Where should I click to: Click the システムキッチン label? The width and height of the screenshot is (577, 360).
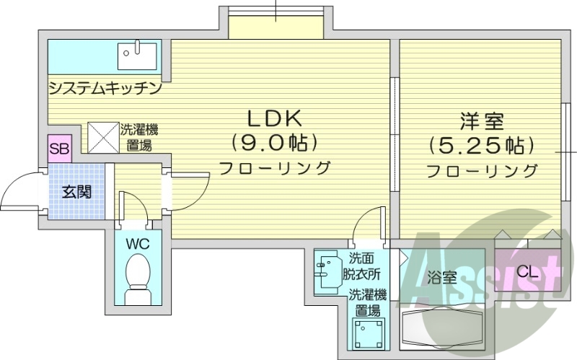coord(105,89)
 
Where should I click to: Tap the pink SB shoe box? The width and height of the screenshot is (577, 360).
coord(58,149)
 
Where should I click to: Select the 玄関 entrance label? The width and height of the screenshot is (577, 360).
coord(76,192)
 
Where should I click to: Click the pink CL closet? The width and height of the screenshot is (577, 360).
coord(527,271)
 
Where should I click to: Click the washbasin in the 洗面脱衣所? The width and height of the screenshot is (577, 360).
coord(327,271)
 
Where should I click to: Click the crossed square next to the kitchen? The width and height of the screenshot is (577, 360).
coord(102,136)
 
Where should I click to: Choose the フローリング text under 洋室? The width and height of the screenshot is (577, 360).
coord(481,172)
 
